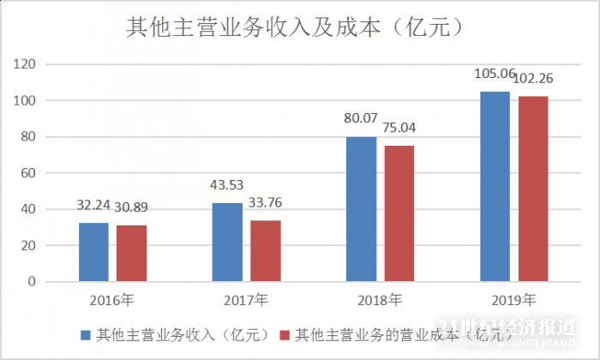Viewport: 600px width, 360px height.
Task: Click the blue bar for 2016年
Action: click(x=93, y=252)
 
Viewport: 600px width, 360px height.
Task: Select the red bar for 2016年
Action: click(x=131, y=253)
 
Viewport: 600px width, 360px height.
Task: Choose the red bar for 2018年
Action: click(x=399, y=213)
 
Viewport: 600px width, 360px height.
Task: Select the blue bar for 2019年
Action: click(x=495, y=186)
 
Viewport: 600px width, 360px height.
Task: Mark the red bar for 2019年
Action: click(x=532, y=189)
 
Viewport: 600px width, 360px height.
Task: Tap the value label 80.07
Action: click(x=362, y=119)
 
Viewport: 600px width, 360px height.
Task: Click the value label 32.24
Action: click(x=93, y=207)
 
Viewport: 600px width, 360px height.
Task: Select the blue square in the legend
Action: click(x=86, y=333)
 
